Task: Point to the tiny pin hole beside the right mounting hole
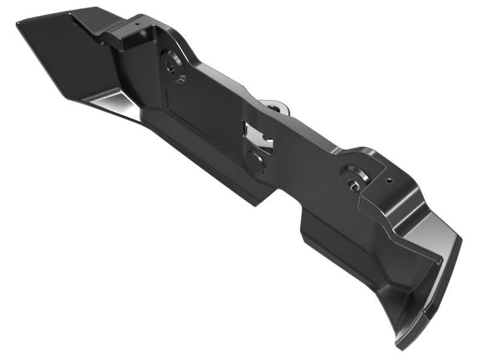coord(389,179)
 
